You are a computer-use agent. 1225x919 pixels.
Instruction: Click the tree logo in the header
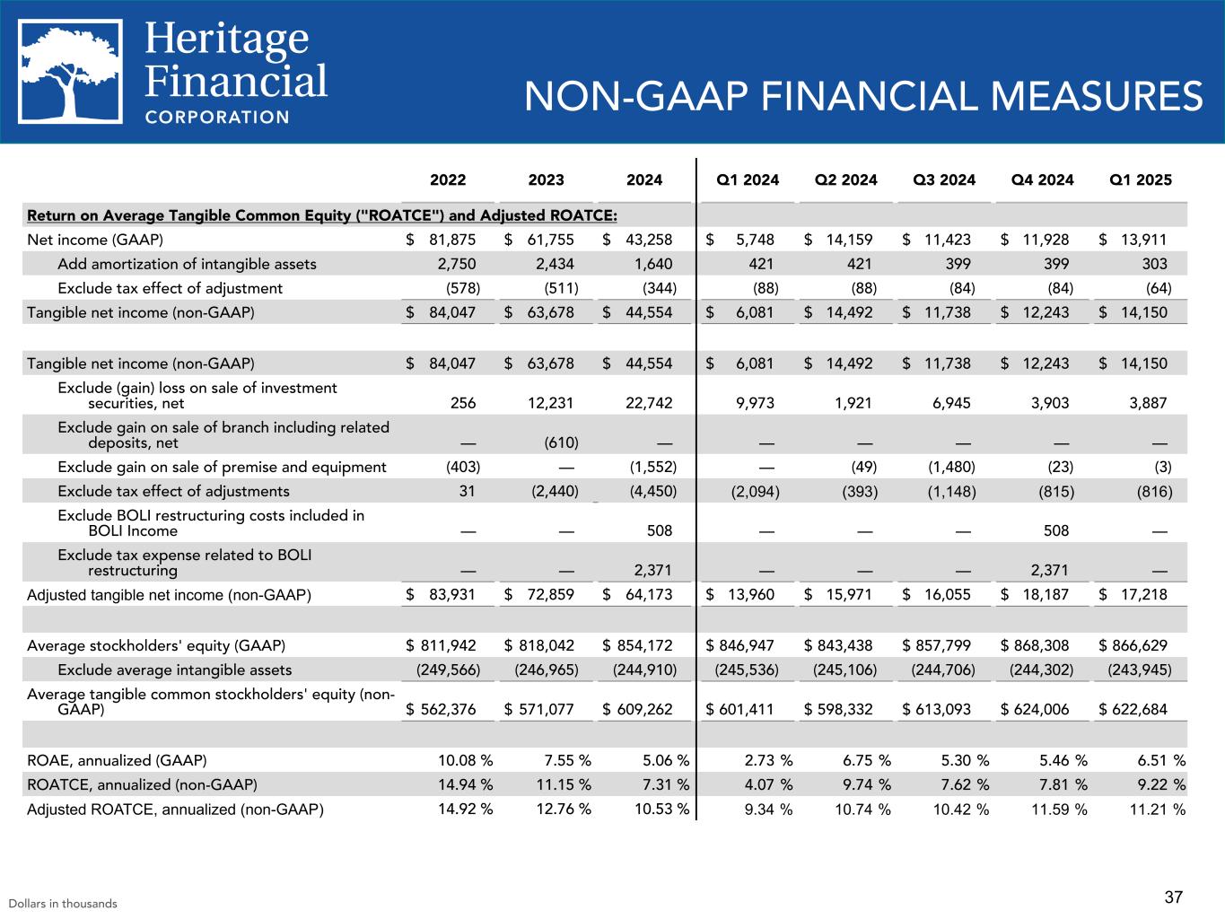pos(71,71)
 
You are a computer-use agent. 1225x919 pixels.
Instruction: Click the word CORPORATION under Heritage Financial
pos(217,117)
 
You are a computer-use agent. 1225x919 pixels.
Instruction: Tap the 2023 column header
pos(546,179)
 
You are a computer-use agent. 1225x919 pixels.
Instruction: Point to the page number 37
pos(1174,897)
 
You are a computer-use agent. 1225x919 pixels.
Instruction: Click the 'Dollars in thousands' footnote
pos(63,904)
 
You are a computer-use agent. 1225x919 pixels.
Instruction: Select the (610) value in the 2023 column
pos(561,442)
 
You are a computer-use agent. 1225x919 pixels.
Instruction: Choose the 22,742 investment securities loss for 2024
pos(652,403)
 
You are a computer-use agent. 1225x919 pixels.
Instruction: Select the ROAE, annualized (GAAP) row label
pos(117,760)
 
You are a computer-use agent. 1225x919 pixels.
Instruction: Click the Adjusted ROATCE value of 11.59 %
pos(1063,810)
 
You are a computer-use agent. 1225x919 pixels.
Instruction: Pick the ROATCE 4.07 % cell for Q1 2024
pos(768,784)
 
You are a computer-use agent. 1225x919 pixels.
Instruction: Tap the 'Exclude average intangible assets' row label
pos(174,670)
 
